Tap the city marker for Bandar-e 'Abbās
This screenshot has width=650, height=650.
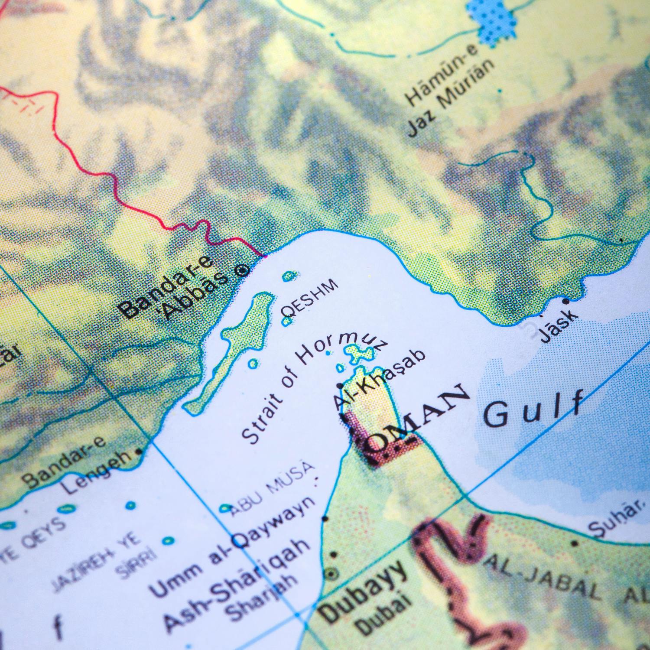coord(242,271)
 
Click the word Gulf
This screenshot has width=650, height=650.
coord(533,409)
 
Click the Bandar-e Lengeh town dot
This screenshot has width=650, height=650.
coord(139,451)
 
